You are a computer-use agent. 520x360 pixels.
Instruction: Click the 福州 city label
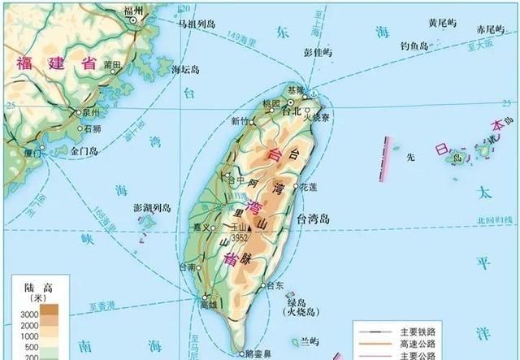(132, 11)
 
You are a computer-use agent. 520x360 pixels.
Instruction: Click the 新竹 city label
(241, 121)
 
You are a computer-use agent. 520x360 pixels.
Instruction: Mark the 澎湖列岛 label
(152, 208)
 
